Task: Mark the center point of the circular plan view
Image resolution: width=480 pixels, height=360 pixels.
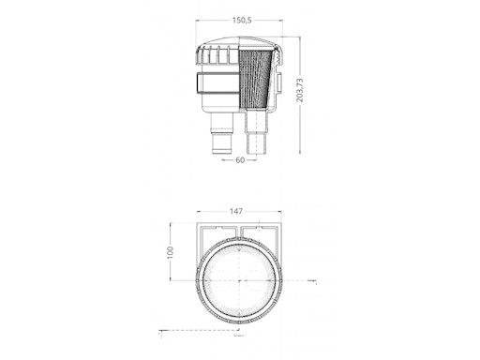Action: point(240,280)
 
